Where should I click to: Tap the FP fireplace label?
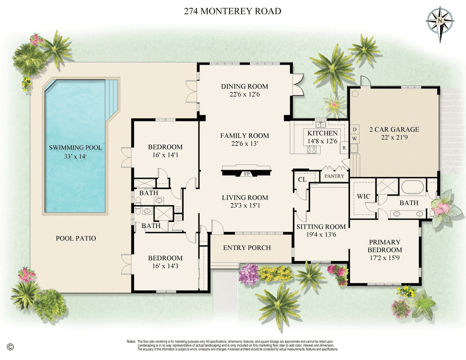coord(247,174)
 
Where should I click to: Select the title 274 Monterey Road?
coord(233,11)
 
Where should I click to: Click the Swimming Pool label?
coord(76,148)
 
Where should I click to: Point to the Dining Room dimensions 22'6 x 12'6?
coord(245,95)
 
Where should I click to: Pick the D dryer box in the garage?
coord(355,129)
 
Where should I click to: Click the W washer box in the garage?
coord(355,139)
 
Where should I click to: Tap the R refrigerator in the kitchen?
coord(344,148)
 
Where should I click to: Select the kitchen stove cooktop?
coord(312,150)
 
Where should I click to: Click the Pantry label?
coord(334,176)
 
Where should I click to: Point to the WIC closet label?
coord(363,196)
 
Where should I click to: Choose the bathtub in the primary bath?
coord(413,187)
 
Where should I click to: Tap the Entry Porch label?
coord(247,248)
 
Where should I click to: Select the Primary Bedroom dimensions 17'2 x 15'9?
coord(384,258)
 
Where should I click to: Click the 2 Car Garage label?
coord(394,129)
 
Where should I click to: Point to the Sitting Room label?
coord(321,227)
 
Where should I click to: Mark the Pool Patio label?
coord(76,238)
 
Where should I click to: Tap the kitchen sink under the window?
coord(320,125)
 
